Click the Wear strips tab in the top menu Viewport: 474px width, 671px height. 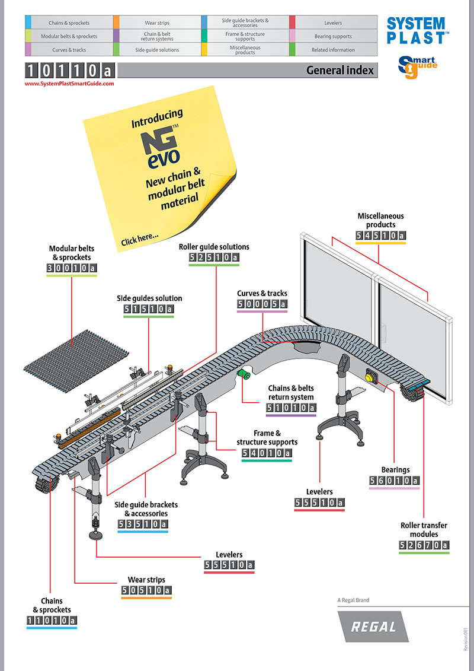point(157,23)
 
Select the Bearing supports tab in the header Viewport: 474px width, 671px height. point(333,37)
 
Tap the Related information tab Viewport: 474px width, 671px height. point(333,50)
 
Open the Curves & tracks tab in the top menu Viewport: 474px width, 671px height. point(69,50)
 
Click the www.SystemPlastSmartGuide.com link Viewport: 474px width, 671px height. point(69,84)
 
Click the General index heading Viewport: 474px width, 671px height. point(340,71)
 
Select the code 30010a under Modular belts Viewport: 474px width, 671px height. point(71,269)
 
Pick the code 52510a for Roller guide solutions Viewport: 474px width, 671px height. point(214,257)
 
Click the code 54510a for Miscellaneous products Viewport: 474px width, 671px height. point(380,236)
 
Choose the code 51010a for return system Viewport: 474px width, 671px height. point(291,408)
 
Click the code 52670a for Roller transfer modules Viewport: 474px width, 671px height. point(424,545)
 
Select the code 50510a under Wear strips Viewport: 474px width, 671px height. point(146,590)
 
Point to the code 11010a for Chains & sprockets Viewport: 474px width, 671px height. point(52,621)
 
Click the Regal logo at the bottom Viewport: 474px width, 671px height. point(374,627)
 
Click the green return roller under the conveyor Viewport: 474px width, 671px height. point(244,374)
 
